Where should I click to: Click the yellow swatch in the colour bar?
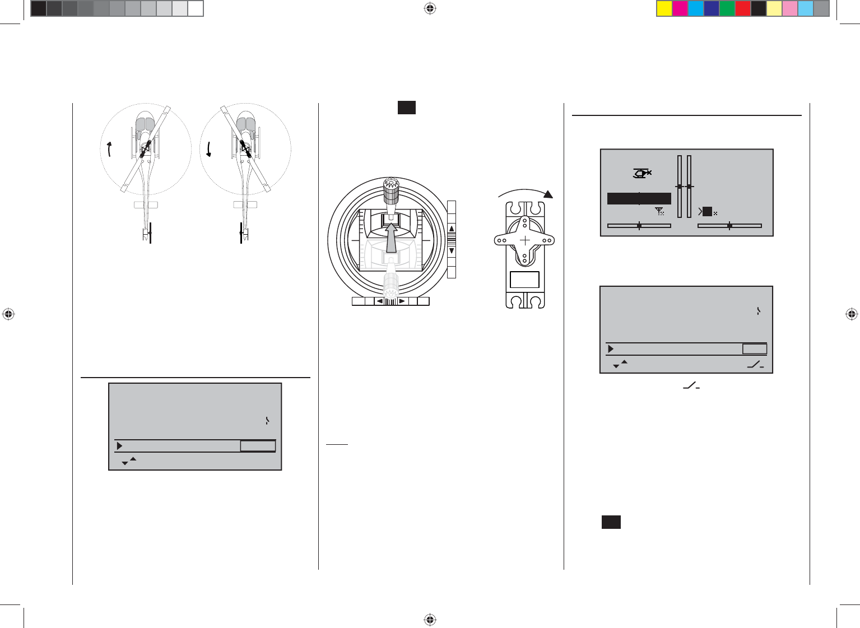click(x=664, y=8)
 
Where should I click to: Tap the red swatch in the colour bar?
click(x=743, y=8)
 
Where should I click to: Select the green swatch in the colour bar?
click(x=727, y=8)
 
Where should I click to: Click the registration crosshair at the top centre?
click(x=430, y=8)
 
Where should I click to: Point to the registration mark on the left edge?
click(x=8, y=314)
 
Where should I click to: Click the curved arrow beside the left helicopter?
click(x=109, y=149)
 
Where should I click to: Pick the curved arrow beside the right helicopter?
click(x=209, y=149)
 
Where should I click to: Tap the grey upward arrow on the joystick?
click(x=391, y=238)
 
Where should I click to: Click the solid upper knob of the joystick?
click(x=391, y=190)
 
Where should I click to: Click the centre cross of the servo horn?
click(x=524, y=240)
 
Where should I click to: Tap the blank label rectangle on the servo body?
click(x=524, y=280)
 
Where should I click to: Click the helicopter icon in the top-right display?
click(x=641, y=174)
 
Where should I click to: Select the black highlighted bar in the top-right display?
click(x=639, y=198)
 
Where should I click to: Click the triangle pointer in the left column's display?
click(x=119, y=446)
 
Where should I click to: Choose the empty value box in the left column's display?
click(x=258, y=446)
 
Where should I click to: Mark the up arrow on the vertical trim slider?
click(x=452, y=229)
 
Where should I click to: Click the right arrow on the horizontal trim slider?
click(x=402, y=301)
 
